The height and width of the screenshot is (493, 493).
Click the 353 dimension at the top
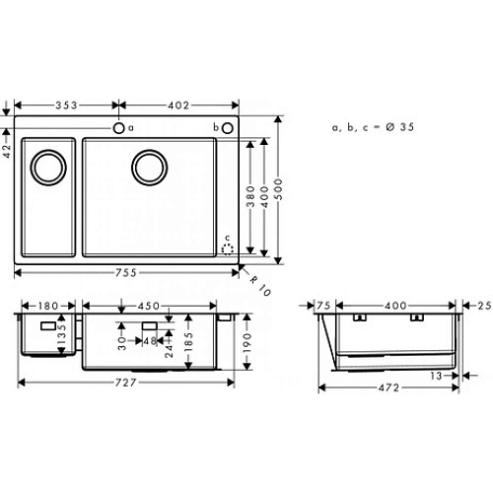[x=68, y=105]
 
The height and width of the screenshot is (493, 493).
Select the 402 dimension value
[x=178, y=105]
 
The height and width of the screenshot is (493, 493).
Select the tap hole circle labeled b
[x=227, y=128]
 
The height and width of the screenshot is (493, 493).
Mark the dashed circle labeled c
[x=230, y=248]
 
